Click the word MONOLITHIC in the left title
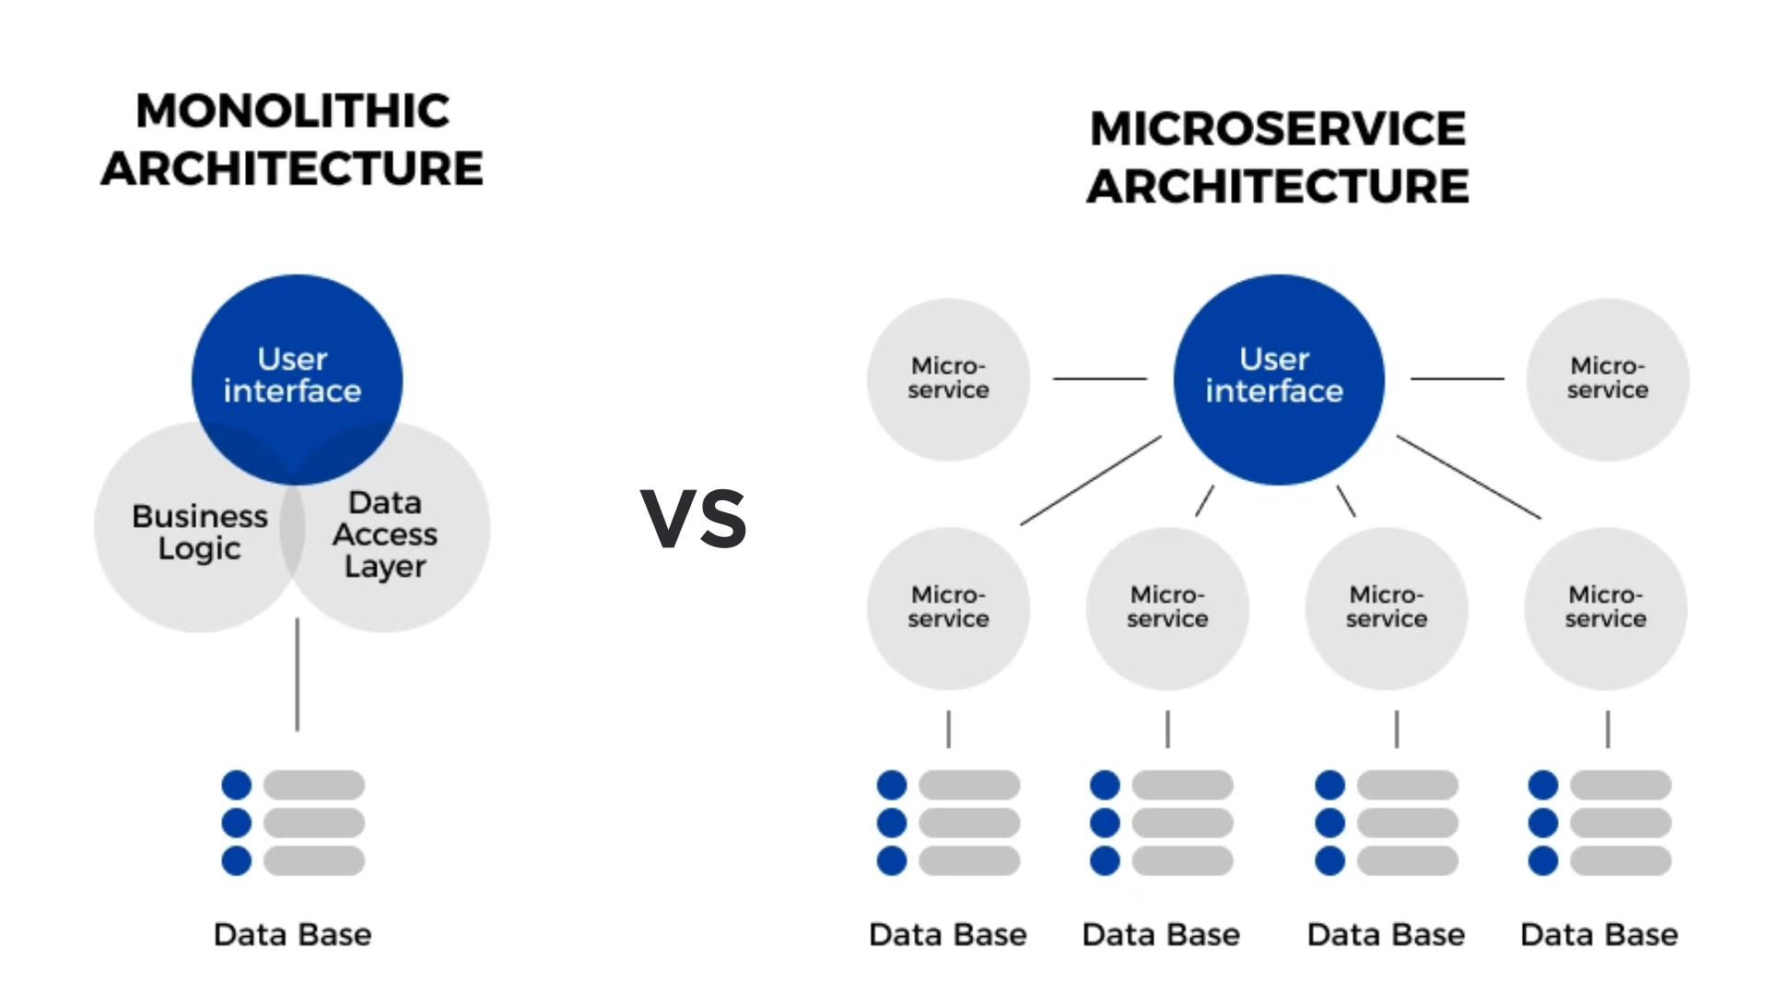pos(292,111)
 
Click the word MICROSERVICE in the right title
pos(1277,128)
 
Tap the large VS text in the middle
pos(694,519)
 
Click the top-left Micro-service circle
pos(948,379)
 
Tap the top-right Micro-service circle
pos(1607,379)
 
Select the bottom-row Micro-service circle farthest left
pos(948,608)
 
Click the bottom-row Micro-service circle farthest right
pos(1605,608)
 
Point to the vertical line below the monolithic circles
pos(297,674)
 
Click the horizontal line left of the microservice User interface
pos(1100,379)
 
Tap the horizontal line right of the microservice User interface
pos(1457,379)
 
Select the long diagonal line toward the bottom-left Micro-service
pos(1091,481)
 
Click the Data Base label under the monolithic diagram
pos(292,934)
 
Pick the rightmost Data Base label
pos(1599,934)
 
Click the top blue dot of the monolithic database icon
pos(236,785)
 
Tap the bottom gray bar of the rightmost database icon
pos(1620,860)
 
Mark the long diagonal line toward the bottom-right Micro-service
pos(1469,477)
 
